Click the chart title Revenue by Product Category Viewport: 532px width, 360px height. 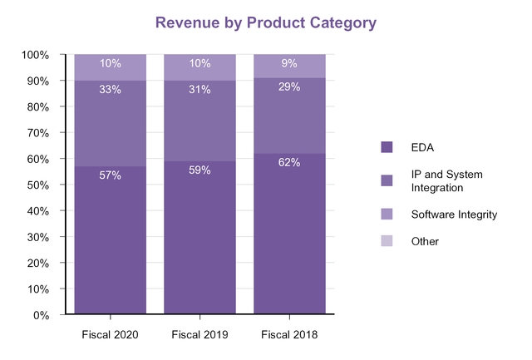pos(266,22)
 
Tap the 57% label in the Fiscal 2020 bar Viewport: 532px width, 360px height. pos(111,175)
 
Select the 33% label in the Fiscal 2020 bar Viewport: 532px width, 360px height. pos(111,90)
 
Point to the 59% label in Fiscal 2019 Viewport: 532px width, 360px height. pos(200,170)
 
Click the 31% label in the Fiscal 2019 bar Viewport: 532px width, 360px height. pos(200,90)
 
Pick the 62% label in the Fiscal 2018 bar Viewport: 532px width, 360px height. pos(289,163)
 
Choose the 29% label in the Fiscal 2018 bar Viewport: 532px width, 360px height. pos(289,87)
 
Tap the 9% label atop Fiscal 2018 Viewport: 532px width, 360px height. pos(289,64)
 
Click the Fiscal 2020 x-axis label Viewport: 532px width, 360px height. pos(110,335)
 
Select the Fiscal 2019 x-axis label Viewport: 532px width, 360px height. pos(199,335)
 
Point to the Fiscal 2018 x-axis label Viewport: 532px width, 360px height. pos(289,335)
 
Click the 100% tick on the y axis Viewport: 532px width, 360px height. pos(35,55)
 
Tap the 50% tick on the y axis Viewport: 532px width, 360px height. pos(37,185)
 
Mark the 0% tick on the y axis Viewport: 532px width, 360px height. pos(41,315)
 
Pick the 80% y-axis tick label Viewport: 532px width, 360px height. pos(37,107)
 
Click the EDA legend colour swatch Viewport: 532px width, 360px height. pos(387,147)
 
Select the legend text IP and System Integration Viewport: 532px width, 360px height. pos(446,180)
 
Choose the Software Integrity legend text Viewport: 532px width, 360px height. pos(454,215)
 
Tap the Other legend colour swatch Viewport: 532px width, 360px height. pos(387,241)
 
